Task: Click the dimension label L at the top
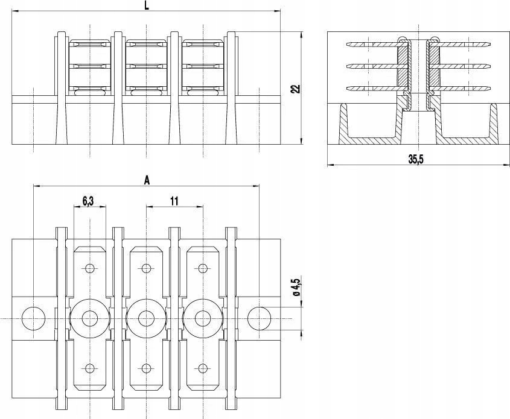(147, 5)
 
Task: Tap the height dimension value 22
(295, 88)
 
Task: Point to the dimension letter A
(147, 180)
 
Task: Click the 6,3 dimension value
(88, 201)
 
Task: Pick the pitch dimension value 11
(174, 201)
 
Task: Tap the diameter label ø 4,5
(296, 287)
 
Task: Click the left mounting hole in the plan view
(34, 318)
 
